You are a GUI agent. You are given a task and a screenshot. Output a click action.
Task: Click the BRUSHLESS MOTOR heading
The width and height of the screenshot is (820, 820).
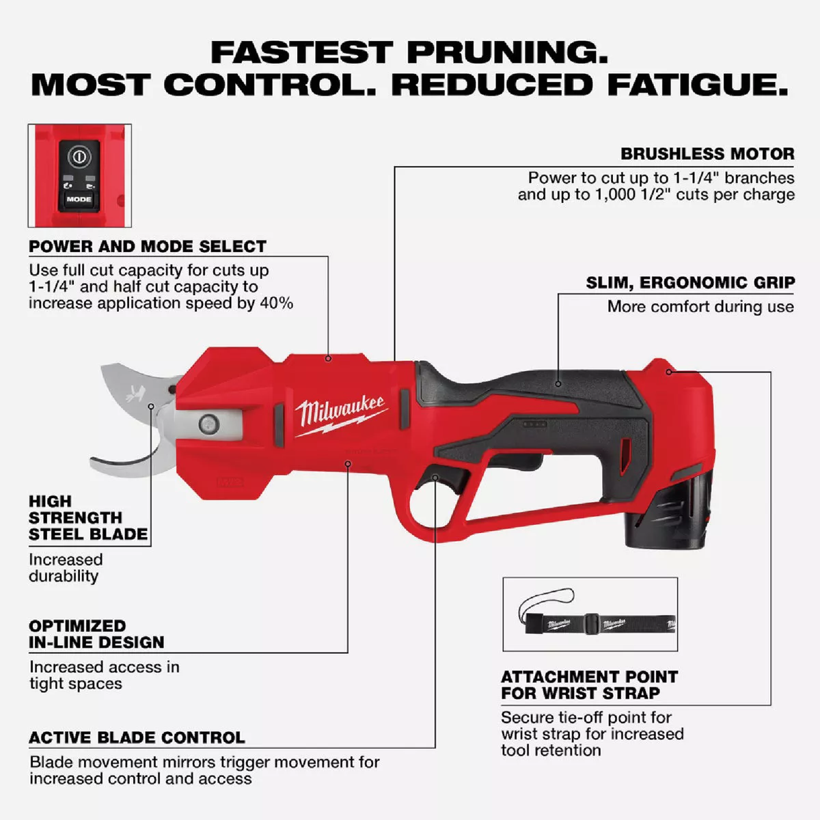click(x=707, y=154)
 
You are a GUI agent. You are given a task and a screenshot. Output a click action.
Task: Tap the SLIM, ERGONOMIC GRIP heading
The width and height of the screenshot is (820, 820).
click(x=690, y=282)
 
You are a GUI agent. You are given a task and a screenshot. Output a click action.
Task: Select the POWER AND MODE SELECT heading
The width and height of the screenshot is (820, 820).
click(x=148, y=246)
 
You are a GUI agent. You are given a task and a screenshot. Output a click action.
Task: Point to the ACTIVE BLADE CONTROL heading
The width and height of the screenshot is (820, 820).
click(x=137, y=737)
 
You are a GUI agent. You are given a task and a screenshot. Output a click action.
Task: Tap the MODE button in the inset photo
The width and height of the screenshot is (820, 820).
click(x=79, y=199)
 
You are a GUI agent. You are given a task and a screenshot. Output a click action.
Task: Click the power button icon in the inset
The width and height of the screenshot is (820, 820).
click(x=79, y=157)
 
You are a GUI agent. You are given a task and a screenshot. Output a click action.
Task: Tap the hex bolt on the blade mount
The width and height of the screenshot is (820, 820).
click(x=207, y=424)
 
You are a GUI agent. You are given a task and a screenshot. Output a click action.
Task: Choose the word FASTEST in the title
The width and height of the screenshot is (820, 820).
click(x=301, y=53)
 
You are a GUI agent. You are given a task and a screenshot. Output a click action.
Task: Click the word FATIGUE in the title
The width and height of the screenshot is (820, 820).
click(x=697, y=85)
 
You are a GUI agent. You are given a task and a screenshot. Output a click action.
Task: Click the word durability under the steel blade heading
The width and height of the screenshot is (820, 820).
click(x=64, y=575)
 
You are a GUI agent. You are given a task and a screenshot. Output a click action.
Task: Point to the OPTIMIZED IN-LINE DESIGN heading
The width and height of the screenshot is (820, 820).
click(x=96, y=633)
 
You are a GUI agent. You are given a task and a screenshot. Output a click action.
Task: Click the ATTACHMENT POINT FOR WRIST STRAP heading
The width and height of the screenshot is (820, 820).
click(x=589, y=685)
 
